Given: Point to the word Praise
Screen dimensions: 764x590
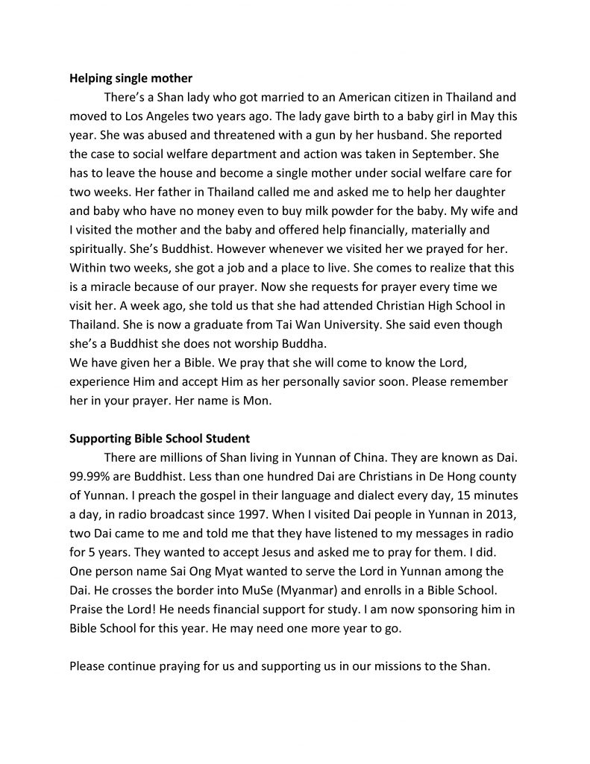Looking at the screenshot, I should click(88, 610).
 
